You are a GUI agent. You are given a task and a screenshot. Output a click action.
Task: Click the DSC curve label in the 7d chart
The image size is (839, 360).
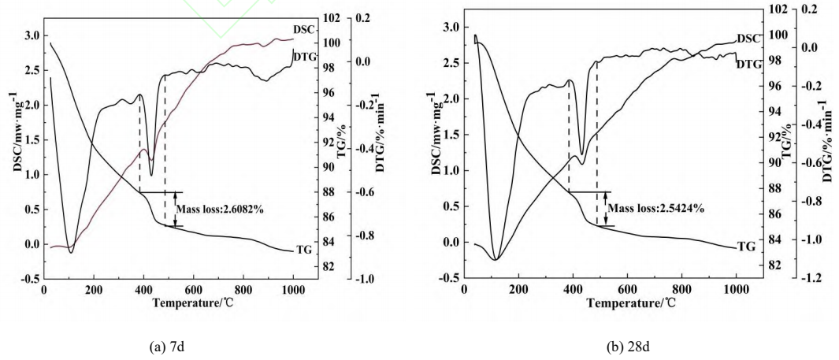point(306,30)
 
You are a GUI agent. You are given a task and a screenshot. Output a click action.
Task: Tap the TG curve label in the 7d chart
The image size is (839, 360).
point(306,249)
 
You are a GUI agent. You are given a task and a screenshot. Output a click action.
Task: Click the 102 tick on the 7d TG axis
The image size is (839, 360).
point(343,17)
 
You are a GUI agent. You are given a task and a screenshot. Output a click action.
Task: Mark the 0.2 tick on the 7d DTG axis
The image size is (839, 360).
point(384,17)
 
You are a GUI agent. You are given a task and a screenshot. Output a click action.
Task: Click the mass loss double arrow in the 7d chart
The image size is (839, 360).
point(176,209)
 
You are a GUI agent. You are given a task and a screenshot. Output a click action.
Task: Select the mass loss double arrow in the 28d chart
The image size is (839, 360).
point(605,209)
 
